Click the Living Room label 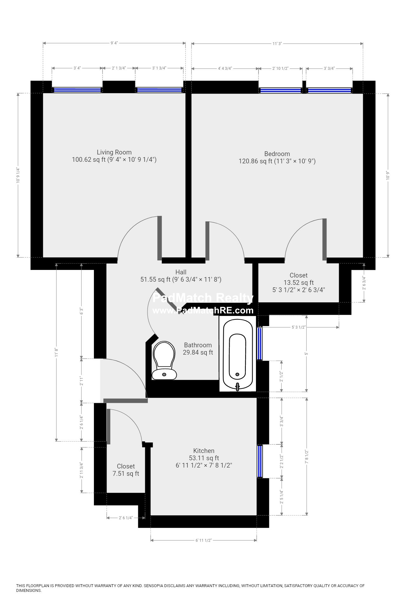point(114,152)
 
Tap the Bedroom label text point(277,154)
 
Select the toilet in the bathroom point(164,360)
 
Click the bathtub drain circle point(237,375)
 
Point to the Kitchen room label point(204,451)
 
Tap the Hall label point(181,272)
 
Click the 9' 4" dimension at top point(114,43)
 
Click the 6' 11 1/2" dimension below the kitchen point(203,540)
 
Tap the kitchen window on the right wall point(260,462)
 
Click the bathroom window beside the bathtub point(260,344)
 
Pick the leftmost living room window point(77,90)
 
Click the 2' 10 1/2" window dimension point(280,68)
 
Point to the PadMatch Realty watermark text point(203,298)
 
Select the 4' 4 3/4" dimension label point(225,68)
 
